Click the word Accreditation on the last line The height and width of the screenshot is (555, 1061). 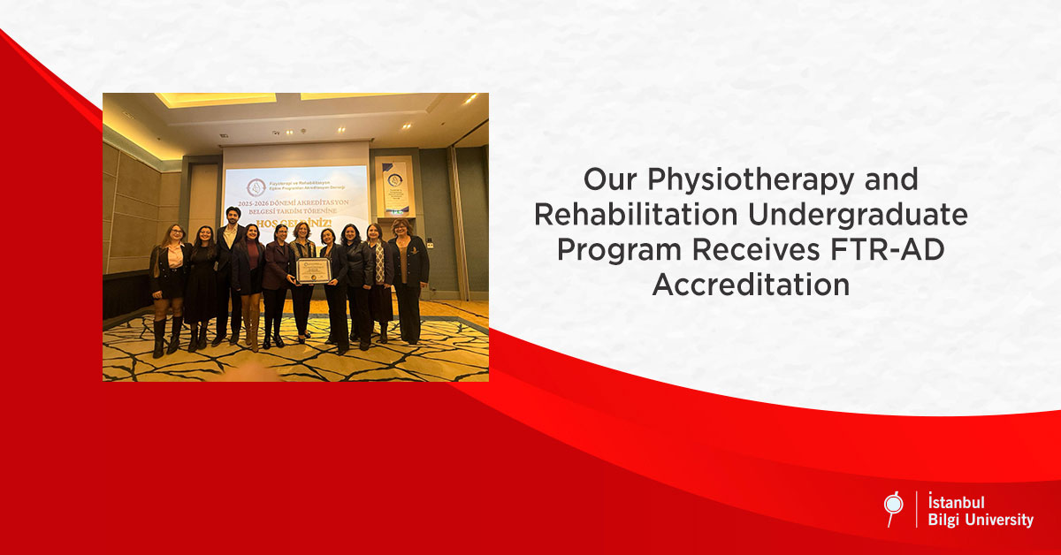751,285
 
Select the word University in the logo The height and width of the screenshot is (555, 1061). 999,521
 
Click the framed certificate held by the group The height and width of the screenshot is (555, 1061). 311,271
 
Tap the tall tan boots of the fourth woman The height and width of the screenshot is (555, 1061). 251,327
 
